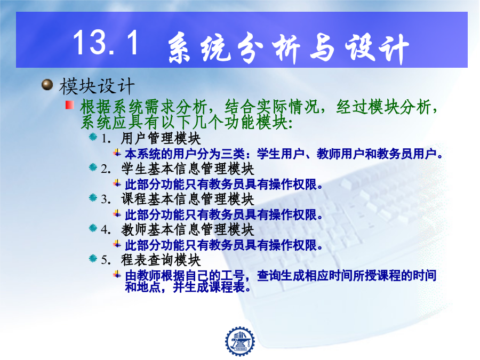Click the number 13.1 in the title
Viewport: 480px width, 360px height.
coord(106,43)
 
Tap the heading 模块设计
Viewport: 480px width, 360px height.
coord(97,86)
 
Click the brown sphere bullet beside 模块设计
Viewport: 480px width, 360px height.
coord(47,85)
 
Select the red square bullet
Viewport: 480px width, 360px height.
coord(70,105)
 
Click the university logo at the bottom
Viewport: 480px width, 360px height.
coord(239,341)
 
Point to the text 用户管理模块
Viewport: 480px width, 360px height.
coord(161,138)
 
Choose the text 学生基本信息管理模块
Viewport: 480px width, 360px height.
coord(187,169)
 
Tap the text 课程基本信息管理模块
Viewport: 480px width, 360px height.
coord(187,199)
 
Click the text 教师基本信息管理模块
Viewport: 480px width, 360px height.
coord(187,229)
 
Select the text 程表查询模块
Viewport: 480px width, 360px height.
coord(161,260)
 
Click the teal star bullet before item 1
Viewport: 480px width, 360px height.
coord(93,137)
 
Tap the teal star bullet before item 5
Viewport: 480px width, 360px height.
coord(93,258)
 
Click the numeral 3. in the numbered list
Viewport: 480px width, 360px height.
coord(106,199)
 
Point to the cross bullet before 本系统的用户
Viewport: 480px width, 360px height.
coord(117,152)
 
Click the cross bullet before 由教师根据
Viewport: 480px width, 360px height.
coord(117,274)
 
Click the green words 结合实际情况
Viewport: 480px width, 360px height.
coord(271,107)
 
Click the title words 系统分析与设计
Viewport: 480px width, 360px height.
coord(289,49)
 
